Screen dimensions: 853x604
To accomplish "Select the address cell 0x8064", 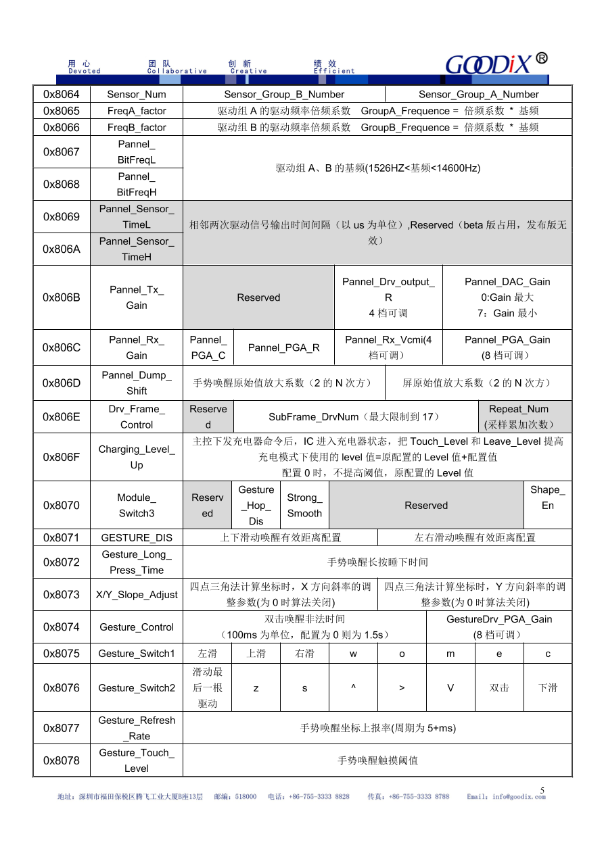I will [x=62, y=95].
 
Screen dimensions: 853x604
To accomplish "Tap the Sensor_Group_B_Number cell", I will [x=284, y=95].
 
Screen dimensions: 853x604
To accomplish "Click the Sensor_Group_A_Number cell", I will [x=478, y=95].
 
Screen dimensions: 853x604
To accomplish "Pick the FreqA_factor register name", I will [x=136, y=111].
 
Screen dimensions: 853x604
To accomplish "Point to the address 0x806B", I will [x=62, y=297].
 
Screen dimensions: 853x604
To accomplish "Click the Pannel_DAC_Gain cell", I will [x=507, y=297].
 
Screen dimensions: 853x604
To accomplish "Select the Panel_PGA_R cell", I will [x=283, y=347].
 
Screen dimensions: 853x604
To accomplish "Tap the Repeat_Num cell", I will [x=519, y=417].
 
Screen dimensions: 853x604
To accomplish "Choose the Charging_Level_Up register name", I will [x=136, y=457].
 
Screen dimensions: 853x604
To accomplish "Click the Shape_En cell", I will [x=547, y=498].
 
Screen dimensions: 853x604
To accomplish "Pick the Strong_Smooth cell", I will [x=304, y=506].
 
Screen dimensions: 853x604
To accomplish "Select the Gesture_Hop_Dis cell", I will [x=256, y=506].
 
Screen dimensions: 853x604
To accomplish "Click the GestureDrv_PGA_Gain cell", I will [x=499, y=627].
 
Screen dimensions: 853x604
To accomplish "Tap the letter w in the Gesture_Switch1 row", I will [x=353, y=654].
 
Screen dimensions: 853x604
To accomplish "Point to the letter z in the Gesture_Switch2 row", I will [x=256, y=688].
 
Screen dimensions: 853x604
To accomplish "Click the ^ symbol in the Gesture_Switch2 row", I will [x=353, y=688].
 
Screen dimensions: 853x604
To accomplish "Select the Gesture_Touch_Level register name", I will [x=136, y=760].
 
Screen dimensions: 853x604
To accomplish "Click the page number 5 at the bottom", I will [x=542, y=789].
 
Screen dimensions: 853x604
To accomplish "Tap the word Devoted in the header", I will [x=85, y=71].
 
